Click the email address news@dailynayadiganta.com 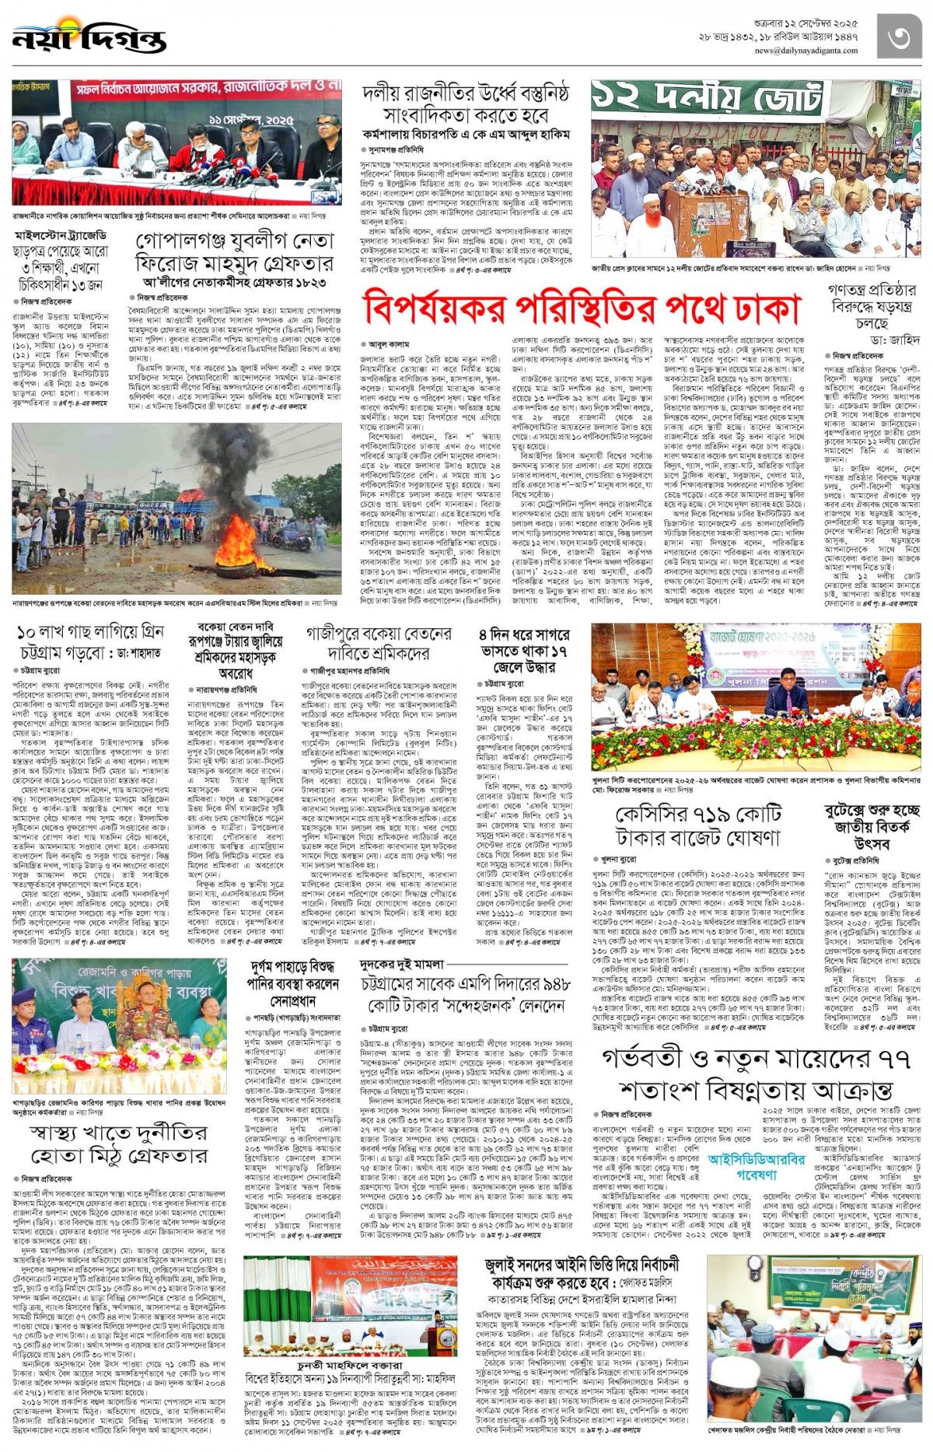point(805,51)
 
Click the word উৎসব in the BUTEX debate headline point(872,843)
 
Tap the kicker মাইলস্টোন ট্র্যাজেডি point(61,236)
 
